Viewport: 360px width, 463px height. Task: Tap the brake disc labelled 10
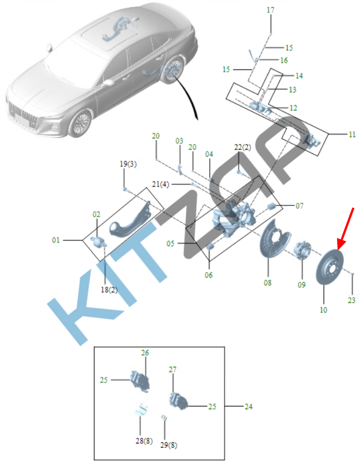point(328,267)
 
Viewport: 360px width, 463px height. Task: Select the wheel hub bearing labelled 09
point(302,251)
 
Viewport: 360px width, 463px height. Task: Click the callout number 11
point(352,134)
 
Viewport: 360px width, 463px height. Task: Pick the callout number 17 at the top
point(270,10)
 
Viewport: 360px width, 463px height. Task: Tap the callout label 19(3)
point(128,164)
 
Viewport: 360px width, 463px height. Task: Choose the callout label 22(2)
point(242,147)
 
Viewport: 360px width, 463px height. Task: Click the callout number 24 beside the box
point(249,406)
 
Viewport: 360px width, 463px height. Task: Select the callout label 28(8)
point(144,441)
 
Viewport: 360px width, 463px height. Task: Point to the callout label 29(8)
point(169,445)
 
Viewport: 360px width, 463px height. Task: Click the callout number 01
point(56,240)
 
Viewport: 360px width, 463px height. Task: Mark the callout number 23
point(351,300)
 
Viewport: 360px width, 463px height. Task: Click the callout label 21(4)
point(160,185)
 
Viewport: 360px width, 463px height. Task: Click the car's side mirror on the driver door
point(109,82)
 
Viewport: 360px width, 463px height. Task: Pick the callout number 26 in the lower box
point(144,353)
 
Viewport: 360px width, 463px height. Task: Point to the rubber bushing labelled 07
point(271,206)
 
